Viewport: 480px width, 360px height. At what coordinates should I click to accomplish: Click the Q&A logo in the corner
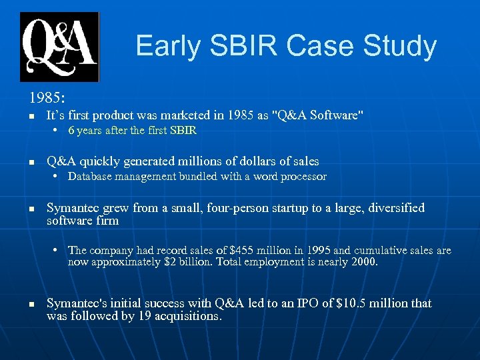pos(59,47)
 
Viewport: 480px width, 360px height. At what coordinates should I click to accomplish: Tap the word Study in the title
pos(399,46)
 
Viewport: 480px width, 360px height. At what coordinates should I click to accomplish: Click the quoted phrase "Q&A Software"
pos(319,115)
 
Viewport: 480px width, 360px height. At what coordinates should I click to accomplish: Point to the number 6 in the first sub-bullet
pos(71,131)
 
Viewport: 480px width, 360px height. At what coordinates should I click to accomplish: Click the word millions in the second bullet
pos(189,161)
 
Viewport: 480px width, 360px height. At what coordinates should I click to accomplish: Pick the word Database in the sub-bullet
pos(90,177)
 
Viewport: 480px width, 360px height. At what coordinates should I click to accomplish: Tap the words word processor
pos(294,177)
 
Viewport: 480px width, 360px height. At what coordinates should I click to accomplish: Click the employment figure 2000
pos(364,262)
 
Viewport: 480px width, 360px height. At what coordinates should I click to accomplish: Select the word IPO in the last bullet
pos(293,303)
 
